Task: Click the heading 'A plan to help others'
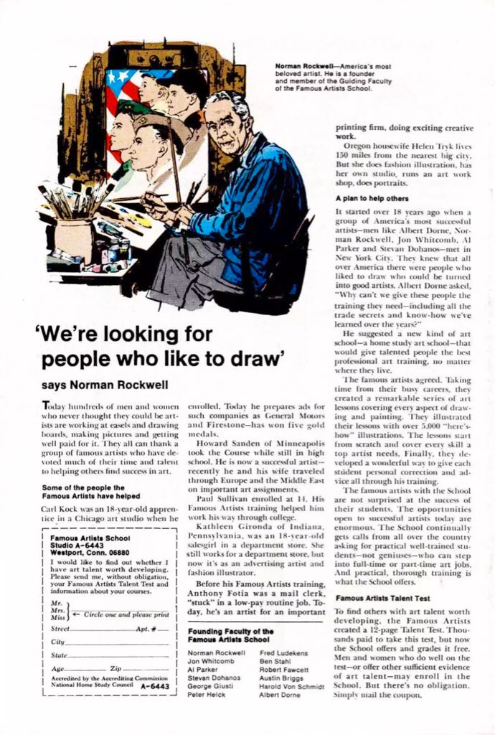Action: tap(372, 198)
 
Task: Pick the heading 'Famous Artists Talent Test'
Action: tap(382, 597)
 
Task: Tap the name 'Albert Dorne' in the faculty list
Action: tap(280, 696)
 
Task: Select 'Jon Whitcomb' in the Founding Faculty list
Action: tap(207, 661)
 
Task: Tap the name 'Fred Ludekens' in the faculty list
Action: tap(283, 652)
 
